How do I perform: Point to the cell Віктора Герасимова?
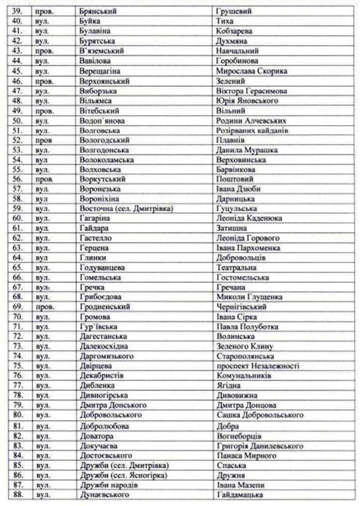(251, 91)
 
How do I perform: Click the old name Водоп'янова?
(102, 120)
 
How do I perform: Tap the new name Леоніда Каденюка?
(249, 219)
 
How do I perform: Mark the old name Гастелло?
(96, 238)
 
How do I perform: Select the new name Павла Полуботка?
(247, 327)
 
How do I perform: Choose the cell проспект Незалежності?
(258, 366)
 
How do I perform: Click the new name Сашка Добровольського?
(260, 415)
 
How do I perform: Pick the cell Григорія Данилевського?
(260, 446)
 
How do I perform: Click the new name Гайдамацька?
(240, 495)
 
